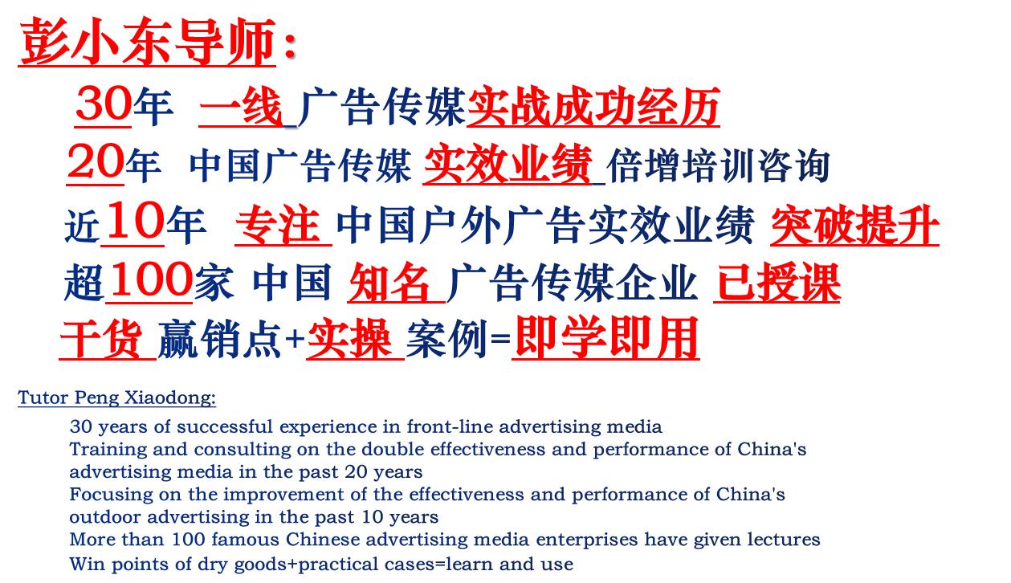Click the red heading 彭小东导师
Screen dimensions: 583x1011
pyautogui.click(x=149, y=42)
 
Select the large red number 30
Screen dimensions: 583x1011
pyautogui.click(x=103, y=105)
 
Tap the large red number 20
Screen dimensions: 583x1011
pyautogui.click(x=95, y=163)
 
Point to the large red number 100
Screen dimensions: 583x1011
pyautogui.click(x=149, y=281)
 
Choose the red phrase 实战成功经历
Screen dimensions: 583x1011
pyautogui.click(x=593, y=108)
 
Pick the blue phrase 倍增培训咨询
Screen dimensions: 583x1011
pyautogui.click(x=718, y=165)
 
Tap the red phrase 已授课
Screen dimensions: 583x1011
pyautogui.click(x=777, y=283)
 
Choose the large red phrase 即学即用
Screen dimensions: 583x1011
pyautogui.click(x=605, y=339)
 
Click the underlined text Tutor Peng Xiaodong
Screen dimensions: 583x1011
pyautogui.click(x=116, y=397)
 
